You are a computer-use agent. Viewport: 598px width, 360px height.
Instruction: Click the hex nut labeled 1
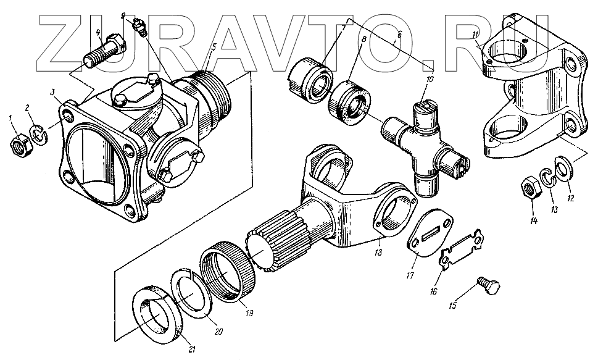point(20,144)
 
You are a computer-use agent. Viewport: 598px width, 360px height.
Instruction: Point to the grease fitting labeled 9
point(139,27)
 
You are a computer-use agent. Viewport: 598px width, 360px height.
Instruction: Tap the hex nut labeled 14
point(530,187)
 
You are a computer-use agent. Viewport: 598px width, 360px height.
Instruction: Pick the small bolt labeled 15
point(488,286)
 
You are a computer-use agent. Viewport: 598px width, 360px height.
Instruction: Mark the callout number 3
point(54,93)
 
